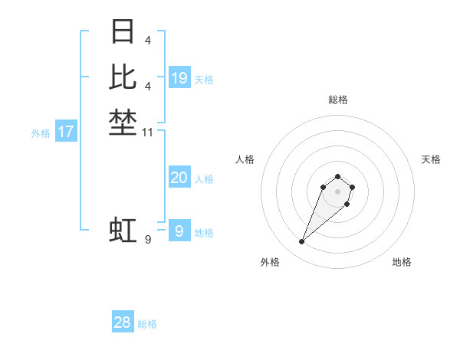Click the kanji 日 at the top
123,32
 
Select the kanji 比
123,77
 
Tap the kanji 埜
123,123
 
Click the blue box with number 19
179,78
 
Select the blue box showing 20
179,178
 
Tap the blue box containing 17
66,132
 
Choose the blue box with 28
123,322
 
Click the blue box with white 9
179,231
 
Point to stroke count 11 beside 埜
149,133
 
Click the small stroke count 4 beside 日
147,40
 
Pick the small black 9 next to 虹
148,241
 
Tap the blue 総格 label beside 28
147,324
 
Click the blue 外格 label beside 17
41,133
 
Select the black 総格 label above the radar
337,100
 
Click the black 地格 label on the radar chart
402,262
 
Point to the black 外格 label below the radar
270,262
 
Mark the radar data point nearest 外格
302,242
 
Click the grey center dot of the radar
337,191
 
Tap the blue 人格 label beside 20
204,179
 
